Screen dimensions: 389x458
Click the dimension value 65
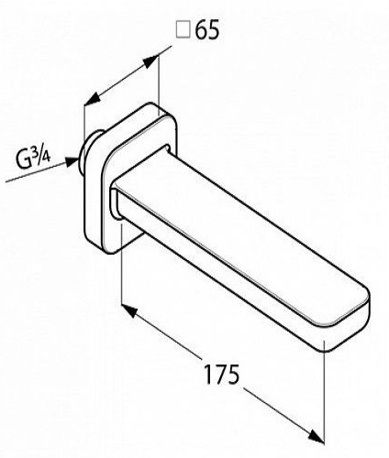(207, 30)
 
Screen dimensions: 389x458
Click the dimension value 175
(222, 375)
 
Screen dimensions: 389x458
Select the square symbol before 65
(183, 30)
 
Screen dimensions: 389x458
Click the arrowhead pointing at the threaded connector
(72, 161)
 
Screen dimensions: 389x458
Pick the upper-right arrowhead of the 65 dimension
(150, 61)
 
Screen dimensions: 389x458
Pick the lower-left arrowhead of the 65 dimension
(93, 99)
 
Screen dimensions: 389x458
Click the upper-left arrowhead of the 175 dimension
(129, 311)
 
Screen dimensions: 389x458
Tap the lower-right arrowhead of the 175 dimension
(316, 435)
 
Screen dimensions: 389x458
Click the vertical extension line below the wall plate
(122, 264)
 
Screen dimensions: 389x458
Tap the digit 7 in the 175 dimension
(221, 375)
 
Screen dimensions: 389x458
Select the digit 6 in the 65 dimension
(201, 30)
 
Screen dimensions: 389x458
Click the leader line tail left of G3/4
(35, 173)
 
